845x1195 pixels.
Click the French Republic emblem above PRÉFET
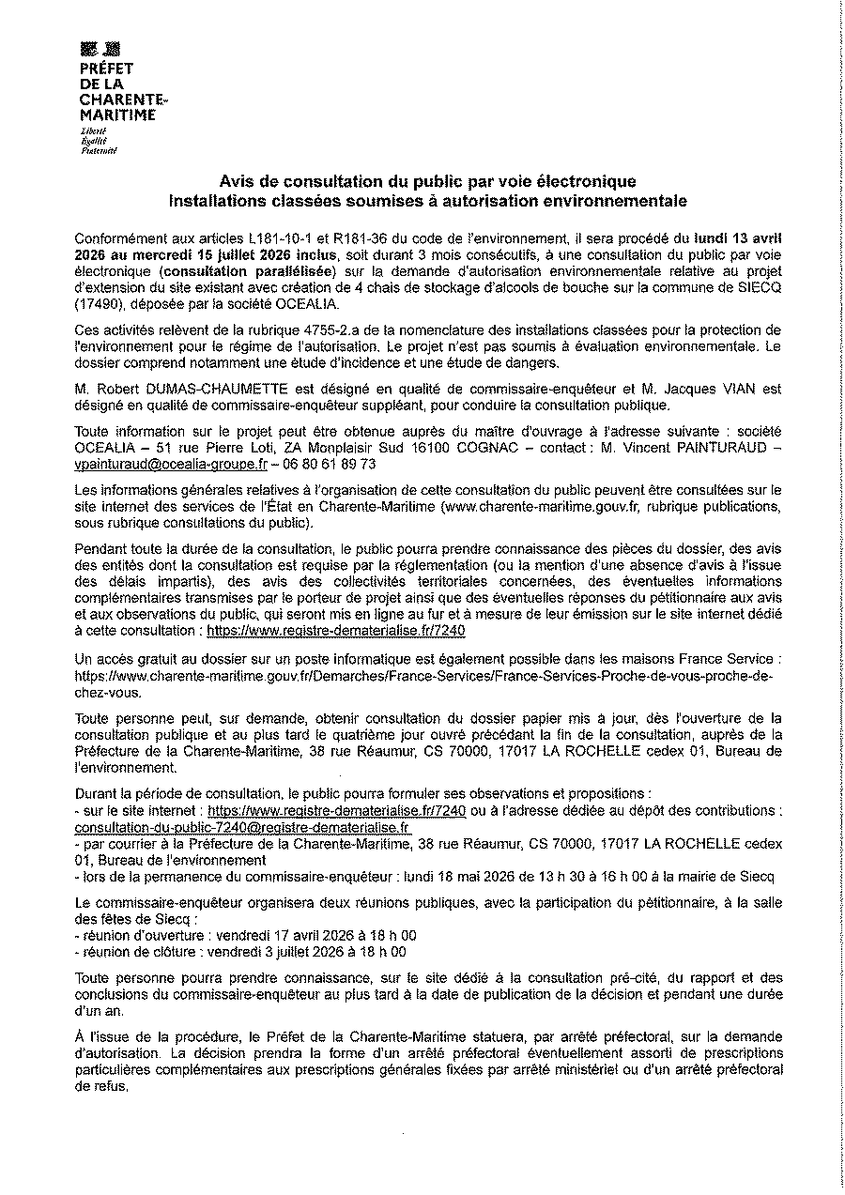click(x=100, y=50)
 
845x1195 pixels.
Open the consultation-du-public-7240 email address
click(x=241, y=827)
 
